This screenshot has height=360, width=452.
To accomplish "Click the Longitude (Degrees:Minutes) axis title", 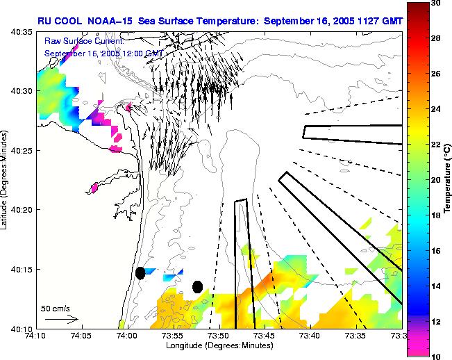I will point(219,345).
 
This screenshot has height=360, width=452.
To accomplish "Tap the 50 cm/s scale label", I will point(55,308).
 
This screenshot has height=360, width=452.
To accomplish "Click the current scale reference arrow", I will point(62,319).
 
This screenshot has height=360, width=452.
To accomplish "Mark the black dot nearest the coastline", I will point(140,273).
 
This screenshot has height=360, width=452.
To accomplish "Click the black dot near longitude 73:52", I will point(198,286).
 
